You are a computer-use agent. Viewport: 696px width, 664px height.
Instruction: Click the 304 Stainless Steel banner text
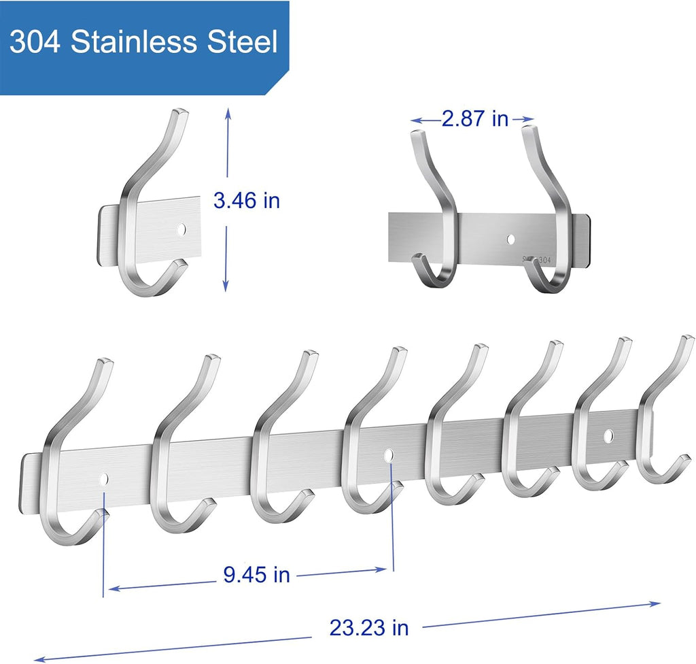[144, 42]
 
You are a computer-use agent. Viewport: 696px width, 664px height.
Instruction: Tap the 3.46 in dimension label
[246, 201]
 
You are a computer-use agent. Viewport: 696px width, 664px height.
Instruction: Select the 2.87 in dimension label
[474, 119]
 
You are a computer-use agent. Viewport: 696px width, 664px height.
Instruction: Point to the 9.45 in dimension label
[256, 575]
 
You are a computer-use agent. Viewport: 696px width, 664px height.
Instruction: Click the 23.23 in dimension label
[369, 627]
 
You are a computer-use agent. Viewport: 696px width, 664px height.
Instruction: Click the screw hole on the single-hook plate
[181, 229]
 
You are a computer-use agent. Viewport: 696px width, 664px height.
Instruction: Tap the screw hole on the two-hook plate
[510, 239]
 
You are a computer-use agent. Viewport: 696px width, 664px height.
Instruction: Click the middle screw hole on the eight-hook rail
[389, 454]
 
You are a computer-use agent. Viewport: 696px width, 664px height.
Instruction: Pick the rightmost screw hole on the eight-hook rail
[608, 434]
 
